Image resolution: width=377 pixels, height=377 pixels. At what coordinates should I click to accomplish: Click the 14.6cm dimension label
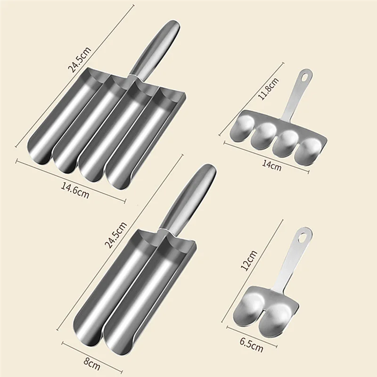(74, 188)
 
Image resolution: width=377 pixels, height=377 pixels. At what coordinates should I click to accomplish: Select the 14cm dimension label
(272, 165)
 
